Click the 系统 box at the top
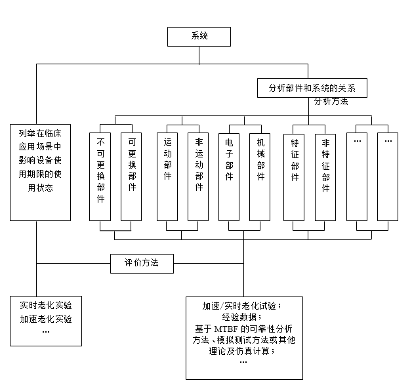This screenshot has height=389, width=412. (199, 36)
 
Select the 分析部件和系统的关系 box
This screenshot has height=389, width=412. (312, 88)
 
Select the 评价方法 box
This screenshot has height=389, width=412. (142, 263)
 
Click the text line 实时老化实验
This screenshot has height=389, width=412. (46, 306)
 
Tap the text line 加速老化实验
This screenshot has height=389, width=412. (46, 319)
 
